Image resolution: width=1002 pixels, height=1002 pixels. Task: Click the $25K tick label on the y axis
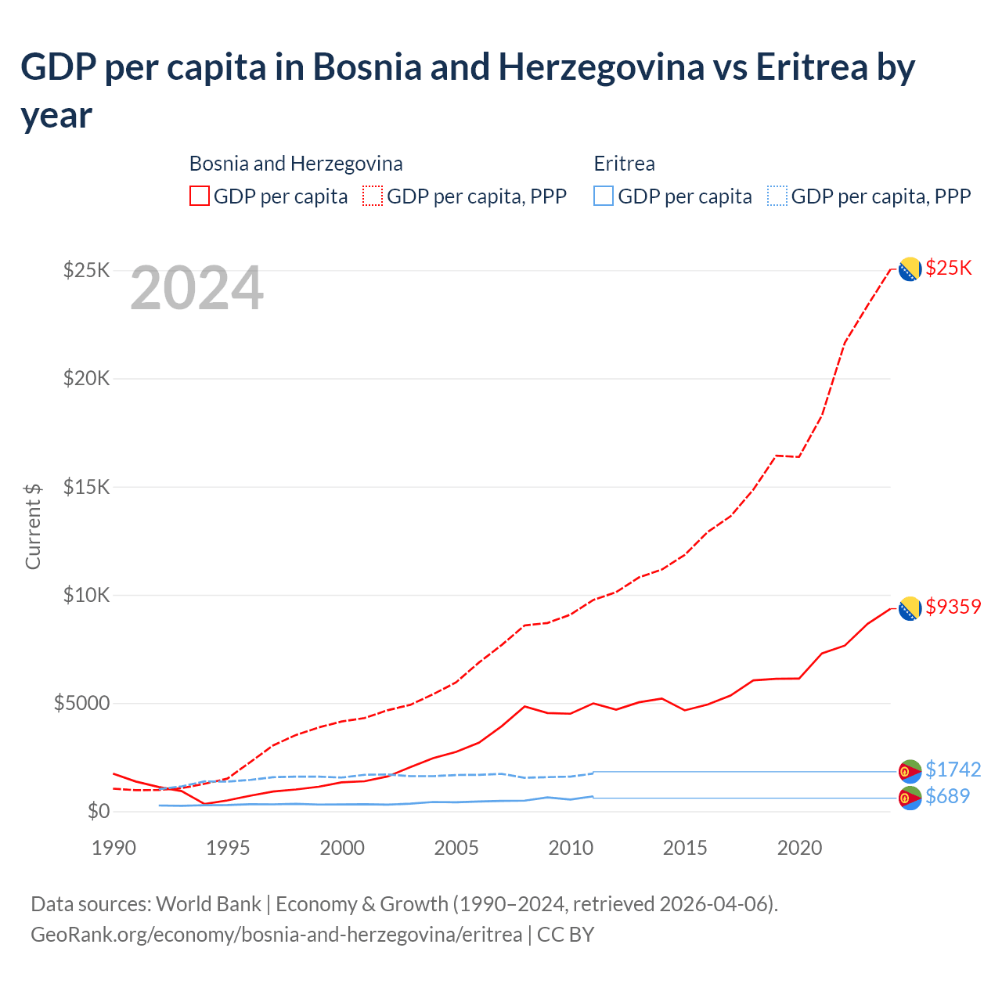click(x=86, y=271)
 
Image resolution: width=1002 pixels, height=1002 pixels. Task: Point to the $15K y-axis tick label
click(x=86, y=487)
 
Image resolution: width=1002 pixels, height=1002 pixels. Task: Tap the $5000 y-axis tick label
click(x=81, y=703)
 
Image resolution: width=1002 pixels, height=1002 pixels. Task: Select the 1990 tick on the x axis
click(x=114, y=848)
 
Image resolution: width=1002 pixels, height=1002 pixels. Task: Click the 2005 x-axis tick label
click(x=456, y=848)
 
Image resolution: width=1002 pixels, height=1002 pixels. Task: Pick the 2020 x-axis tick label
click(x=799, y=848)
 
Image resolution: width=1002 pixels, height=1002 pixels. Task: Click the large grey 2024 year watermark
click(x=196, y=289)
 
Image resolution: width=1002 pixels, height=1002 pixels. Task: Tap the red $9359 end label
click(x=953, y=607)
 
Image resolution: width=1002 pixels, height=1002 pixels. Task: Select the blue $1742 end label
click(x=953, y=770)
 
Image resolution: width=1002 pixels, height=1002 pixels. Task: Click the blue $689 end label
click(x=947, y=796)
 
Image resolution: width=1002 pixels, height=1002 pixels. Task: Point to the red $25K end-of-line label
click(x=948, y=268)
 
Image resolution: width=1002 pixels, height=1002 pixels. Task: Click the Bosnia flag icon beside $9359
click(x=909, y=608)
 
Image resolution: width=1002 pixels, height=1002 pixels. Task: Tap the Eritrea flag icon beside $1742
click(x=909, y=771)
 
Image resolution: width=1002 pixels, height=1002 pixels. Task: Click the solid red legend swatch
click(x=200, y=196)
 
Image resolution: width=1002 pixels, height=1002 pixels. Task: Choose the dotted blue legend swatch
click(x=777, y=196)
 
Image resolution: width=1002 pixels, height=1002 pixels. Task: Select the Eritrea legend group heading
click(x=624, y=164)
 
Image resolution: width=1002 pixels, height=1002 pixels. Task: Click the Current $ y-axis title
click(x=33, y=526)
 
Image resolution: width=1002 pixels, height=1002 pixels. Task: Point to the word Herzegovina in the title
click(x=601, y=67)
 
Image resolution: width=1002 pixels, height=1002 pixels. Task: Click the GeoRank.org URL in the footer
click(x=276, y=935)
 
